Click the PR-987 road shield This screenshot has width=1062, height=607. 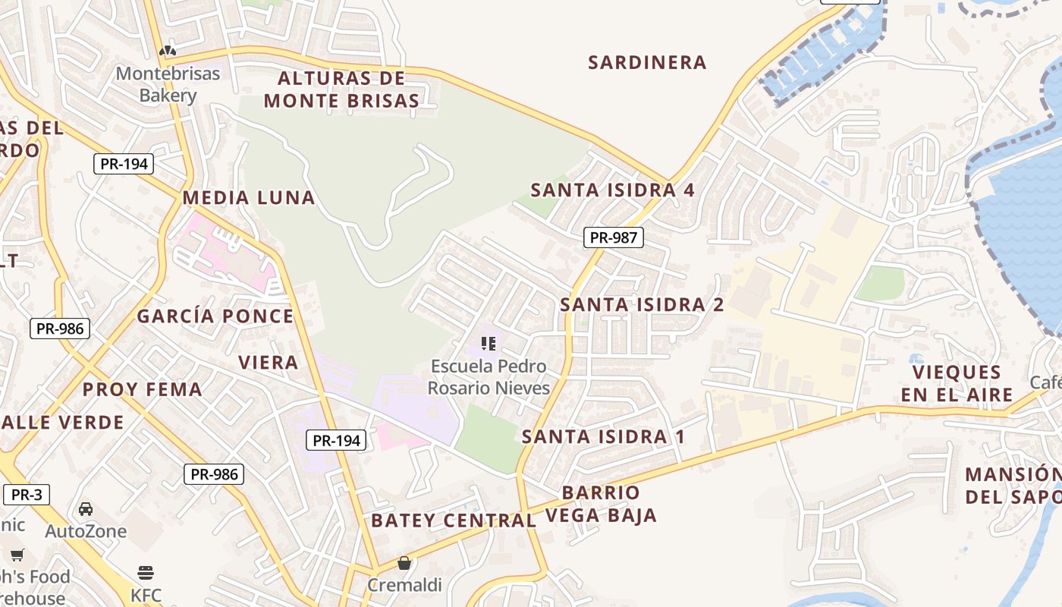[613, 237]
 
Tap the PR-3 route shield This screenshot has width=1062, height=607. [27, 495]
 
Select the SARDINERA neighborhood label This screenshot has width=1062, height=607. [647, 62]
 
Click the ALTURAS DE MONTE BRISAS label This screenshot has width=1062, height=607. [341, 89]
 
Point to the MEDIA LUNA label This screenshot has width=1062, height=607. [248, 198]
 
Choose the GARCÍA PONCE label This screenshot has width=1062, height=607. [215, 316]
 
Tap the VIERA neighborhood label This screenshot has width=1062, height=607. [269, 362]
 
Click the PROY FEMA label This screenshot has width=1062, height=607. [142, 389]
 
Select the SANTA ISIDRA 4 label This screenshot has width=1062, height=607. [612, 190]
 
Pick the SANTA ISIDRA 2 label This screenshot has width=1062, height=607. [642, 305]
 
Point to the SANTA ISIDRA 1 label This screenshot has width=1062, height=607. [603, 436]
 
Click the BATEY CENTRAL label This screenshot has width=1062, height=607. [453, 521]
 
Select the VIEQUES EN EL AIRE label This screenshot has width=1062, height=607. [957, 383]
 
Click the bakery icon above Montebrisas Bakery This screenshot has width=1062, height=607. [168, 52]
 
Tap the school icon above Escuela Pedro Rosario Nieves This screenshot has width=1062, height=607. [489, 344]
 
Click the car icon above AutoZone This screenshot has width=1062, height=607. [86, 508]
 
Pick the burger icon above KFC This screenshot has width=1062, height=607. [146, 572]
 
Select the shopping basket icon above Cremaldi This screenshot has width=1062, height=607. [404, 563]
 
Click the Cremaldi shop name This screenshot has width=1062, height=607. [404, 585]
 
